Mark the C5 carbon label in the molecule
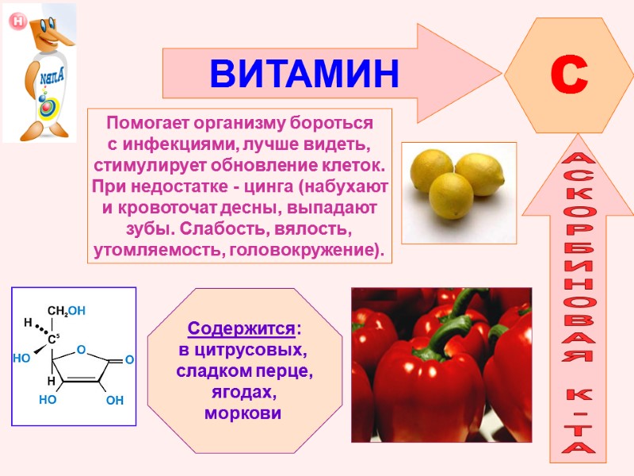click(53, 340)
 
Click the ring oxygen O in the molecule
click(80, 349)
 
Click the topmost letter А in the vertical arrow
click(576, 163)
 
